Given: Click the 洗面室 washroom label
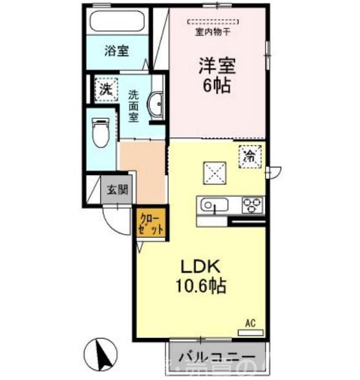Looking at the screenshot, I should tap(134, 105).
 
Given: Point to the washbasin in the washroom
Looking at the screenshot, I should tap(156, 105).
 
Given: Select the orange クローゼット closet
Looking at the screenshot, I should tap(151, 223).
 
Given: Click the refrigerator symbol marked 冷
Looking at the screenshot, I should tap(251, 156).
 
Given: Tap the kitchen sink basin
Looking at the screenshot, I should tap(213, 206).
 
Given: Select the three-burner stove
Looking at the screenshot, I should tap(252, 205).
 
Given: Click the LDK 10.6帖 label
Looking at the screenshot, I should tap(200, 276).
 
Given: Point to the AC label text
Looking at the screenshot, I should tap(251, 322).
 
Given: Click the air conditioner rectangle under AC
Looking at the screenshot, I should tap(251, 332).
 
